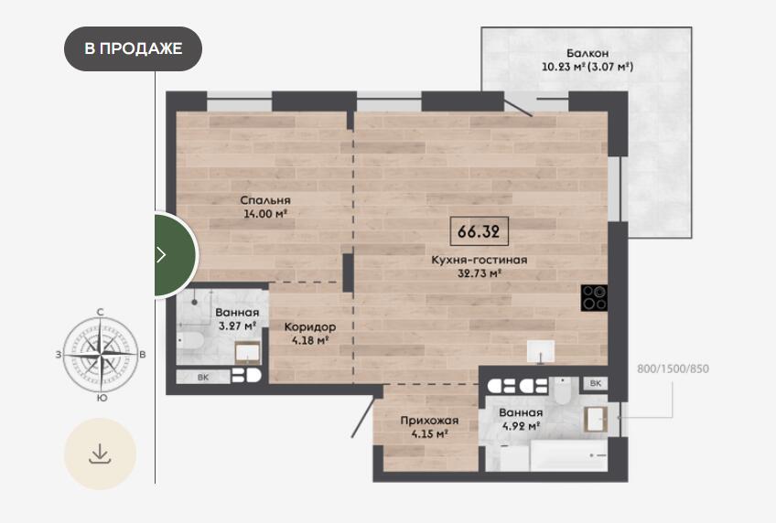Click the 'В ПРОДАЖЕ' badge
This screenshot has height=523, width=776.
click(x=133, y=48)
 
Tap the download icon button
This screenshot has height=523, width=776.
click(x=100, y=454)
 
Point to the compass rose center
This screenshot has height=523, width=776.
click(x=101, y=355)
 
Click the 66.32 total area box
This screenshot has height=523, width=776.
click(x=480, y=230)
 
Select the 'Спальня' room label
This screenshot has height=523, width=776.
click(x=265, y=200)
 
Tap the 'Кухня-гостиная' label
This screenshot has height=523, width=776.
click(x=480, y=260)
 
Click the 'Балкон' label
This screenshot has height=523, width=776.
click(x=587, y=53)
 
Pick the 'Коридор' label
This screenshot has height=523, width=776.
click(x=310, y=326)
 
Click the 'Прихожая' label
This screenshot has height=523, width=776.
click(x=429, y=421)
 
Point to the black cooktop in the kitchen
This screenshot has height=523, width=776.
click(x=595, y=297)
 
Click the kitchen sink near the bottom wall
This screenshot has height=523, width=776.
click(x=541, y=352)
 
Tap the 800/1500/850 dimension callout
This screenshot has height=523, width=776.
click(x=673, y=368)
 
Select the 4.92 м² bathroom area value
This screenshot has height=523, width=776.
click(x=521, y=425)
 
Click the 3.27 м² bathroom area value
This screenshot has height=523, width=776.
click(x=237, y=326)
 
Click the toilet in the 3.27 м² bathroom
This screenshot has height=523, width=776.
click(x=191, y=340)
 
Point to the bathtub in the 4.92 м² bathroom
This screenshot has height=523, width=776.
click(x=568, y=455)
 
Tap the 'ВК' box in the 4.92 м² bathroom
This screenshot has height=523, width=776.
click(x=596, y=384)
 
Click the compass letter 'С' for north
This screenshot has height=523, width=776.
click(x=101, y=312)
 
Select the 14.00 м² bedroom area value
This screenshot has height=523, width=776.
click(x=265, y=214)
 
